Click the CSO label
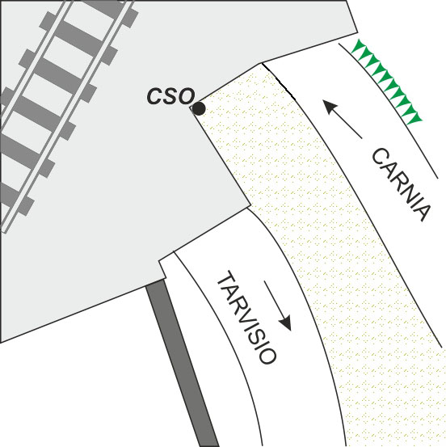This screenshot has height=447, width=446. [x=170, y=96]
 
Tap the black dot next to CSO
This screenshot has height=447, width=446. [x=199, y=108]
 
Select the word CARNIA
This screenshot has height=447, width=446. [x=401, y=184]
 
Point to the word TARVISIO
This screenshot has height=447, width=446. [x=246, y=317]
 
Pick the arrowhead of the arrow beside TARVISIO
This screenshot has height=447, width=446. [x=285, y=323]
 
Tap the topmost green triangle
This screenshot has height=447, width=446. [x=357, y=46]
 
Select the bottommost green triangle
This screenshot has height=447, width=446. [x=415, y=118]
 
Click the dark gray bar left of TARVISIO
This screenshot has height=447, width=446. [x=183, y=364]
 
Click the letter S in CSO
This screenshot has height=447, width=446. [x=171, y=96]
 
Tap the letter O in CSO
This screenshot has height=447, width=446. [x=187, y=96]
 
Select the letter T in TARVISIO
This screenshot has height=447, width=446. [x=225, y=279]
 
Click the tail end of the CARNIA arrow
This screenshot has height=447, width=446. [x=362, y=138]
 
